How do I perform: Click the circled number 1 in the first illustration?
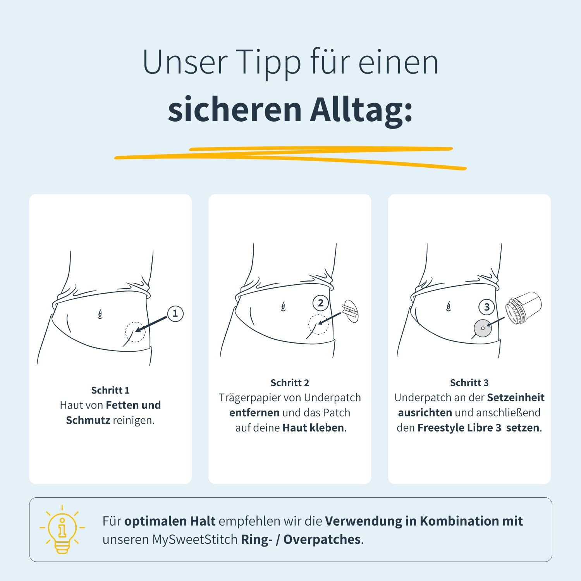pyautogui.click(x=175, y=313)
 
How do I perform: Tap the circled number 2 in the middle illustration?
pyautogui.click(x=320, y=303)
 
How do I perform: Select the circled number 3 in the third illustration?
pyautogui.click(x=486, y=308)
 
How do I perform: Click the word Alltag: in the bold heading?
pyautogui.click(x=361, y=110)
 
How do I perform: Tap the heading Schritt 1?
pyautogui.click(x=110, y=390)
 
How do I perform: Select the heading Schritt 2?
pyautogui.click(x=290, y=383)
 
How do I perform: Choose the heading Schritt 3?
pyautogui.click(x=469, y=383)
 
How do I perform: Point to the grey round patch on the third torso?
pyautogui.click(x=483, y=328)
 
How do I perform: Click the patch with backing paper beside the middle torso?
pyautogui.click(x=351, y=311)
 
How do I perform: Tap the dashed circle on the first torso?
pyautogui.click(x=135, y=332)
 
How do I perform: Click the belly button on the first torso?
pyautogui.click(x=100, y=314)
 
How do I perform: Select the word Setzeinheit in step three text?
pyautogui.click(x=516, y=397)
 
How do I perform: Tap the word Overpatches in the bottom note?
pyautogui.click(x=322, y=540)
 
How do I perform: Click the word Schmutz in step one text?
pyautogui.click(x=88, y=420)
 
